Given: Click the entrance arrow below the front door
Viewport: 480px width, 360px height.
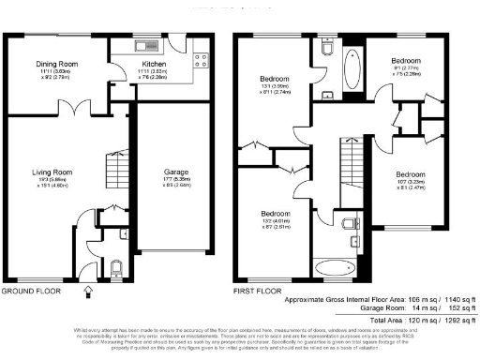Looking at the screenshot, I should click(89, 291).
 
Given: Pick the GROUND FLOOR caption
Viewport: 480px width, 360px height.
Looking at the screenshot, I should click(31, 292).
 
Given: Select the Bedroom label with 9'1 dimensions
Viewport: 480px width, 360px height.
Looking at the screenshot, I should click(406, 60).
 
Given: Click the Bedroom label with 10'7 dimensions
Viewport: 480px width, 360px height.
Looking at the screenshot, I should click(410, 175).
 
